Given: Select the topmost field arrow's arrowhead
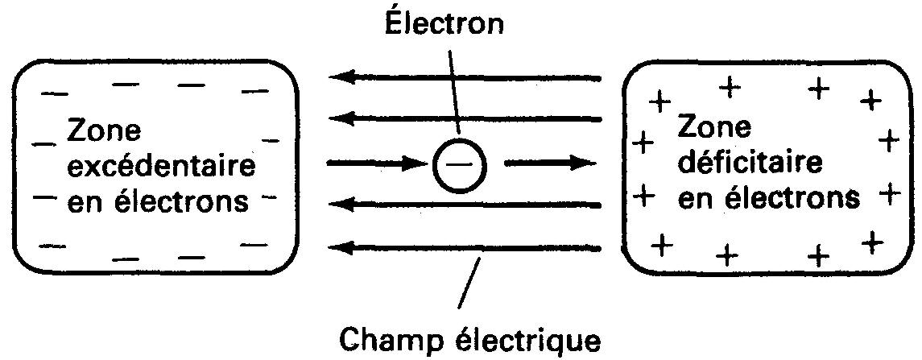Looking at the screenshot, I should (341, 78).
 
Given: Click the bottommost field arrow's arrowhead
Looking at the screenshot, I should (341, 246).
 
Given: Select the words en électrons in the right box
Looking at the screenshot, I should (768, 198).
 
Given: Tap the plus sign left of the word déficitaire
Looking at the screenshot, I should (642, 146).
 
